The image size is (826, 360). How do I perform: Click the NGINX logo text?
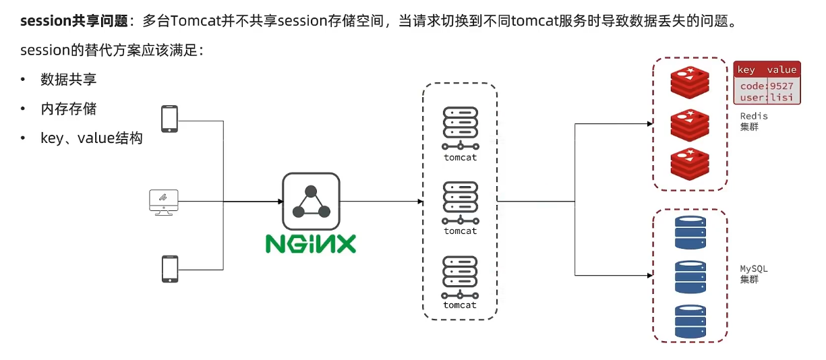pyautogui.click(x=310, y=243)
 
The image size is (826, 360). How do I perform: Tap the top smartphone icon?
pyautogui.click(x=169, y=119)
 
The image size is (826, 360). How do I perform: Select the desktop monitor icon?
pyautogui.click(x=163, y=202)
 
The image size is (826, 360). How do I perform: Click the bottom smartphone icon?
pyautogui.click(x=169, y=268)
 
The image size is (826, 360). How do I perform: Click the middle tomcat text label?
pyautogui.click(x=460, y=231)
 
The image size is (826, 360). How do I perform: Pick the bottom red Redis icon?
pyautogui.click(x=690, y=163)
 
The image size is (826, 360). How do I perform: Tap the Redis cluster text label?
pyautogui.click(x=754, y=121)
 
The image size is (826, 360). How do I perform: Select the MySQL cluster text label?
pyautogui.click(x=754, y=274)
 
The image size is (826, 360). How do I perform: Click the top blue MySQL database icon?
pyautogui.click(x=690, y=231)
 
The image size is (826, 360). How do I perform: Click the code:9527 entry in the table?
pyautogui.click(x=767, y=86)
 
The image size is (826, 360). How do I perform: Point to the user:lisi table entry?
pyautogui.click(x=767, y=98)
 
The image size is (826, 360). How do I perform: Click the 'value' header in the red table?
pyautogui.click(x=781, y=69)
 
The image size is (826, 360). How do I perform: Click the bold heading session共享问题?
pyautogui.click(x=74, y=21)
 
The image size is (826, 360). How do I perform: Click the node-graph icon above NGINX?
pyautogui.click(x=311, y=201)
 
